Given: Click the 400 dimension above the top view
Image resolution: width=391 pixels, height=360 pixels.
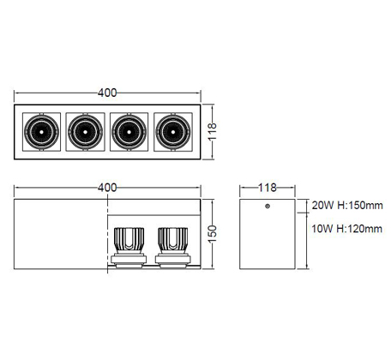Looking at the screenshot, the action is point(107,93).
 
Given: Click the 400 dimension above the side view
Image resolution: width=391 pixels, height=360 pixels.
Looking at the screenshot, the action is point(107,188).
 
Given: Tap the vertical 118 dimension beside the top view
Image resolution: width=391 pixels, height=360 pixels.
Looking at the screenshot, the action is point(213,131).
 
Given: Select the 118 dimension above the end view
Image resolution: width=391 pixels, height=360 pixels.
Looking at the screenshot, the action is point(268,188).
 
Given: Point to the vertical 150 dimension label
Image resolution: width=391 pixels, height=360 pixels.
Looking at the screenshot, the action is point(213,234).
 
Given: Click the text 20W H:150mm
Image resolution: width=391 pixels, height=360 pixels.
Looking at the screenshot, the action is point(347,206).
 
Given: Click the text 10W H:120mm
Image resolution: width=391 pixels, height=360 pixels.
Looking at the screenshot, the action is point(346,229).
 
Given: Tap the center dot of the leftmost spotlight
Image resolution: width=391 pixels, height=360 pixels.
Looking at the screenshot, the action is point(41,132).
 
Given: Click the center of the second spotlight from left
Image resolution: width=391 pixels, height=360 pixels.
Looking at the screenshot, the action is point(85,132).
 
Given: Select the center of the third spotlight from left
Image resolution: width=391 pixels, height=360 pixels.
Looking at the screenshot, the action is point(129,132).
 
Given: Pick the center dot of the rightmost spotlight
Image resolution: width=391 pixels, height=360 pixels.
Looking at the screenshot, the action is point(173,132).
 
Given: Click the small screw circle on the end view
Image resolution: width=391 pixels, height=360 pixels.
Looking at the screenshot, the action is point(268,206).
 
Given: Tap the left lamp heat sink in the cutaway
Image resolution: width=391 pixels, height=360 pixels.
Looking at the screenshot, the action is point(129,240).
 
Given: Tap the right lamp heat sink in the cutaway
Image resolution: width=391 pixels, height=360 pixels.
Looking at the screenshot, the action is point(173,240).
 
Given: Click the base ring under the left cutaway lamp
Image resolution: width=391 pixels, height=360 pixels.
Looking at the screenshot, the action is point(129,260).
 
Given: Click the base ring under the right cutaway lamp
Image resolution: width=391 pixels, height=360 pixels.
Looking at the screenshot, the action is point(173,260).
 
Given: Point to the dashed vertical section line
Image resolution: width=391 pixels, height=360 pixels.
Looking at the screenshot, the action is point(108,234).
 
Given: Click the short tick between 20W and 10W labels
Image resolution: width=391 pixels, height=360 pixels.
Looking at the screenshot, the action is point(304,213).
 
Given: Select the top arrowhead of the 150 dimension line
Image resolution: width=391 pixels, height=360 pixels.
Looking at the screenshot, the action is point(213,201).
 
